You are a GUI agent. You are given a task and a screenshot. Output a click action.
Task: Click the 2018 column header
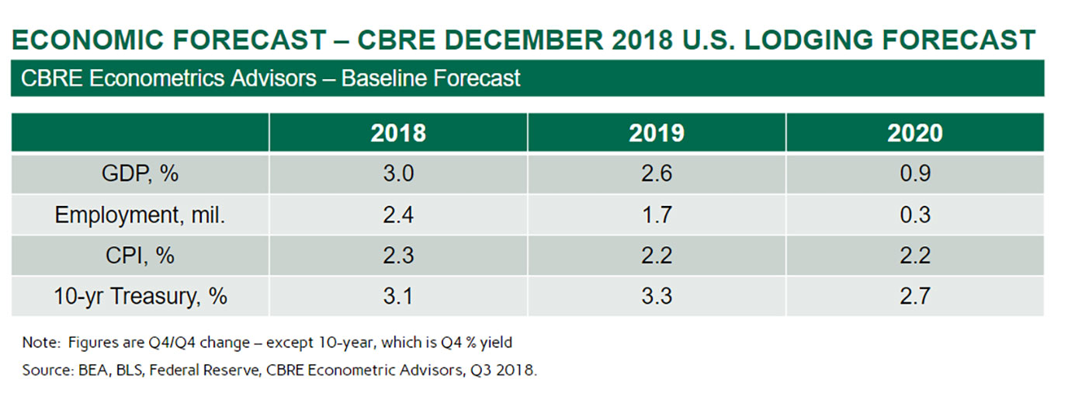click(398, 133)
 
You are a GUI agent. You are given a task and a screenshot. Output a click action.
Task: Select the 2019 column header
click(656, 133)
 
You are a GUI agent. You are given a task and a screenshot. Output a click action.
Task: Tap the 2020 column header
click(914, 133)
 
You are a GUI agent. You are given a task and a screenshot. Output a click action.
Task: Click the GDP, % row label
click(140, 173)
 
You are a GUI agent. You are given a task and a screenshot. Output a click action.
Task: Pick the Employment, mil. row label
click(140, 214)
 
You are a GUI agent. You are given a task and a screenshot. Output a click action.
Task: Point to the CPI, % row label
click(140, 255)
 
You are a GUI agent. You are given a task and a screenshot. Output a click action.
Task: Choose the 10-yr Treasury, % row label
click(140, 296)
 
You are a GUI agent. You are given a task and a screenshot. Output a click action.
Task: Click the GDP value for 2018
click(398, 173)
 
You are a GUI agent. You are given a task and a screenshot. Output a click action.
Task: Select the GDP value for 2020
click(914, 173)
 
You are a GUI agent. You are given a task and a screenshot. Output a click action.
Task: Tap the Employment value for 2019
click(656, 214)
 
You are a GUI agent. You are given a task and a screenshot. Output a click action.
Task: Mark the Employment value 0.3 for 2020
click(914, 214)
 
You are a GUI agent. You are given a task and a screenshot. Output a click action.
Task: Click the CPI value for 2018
click(398, 255)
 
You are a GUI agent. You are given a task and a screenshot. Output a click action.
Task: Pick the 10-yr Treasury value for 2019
click(656, 296)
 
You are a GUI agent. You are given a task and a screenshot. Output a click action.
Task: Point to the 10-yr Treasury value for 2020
click(914, 296)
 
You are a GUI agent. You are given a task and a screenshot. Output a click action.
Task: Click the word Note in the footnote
click(40, 343)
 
